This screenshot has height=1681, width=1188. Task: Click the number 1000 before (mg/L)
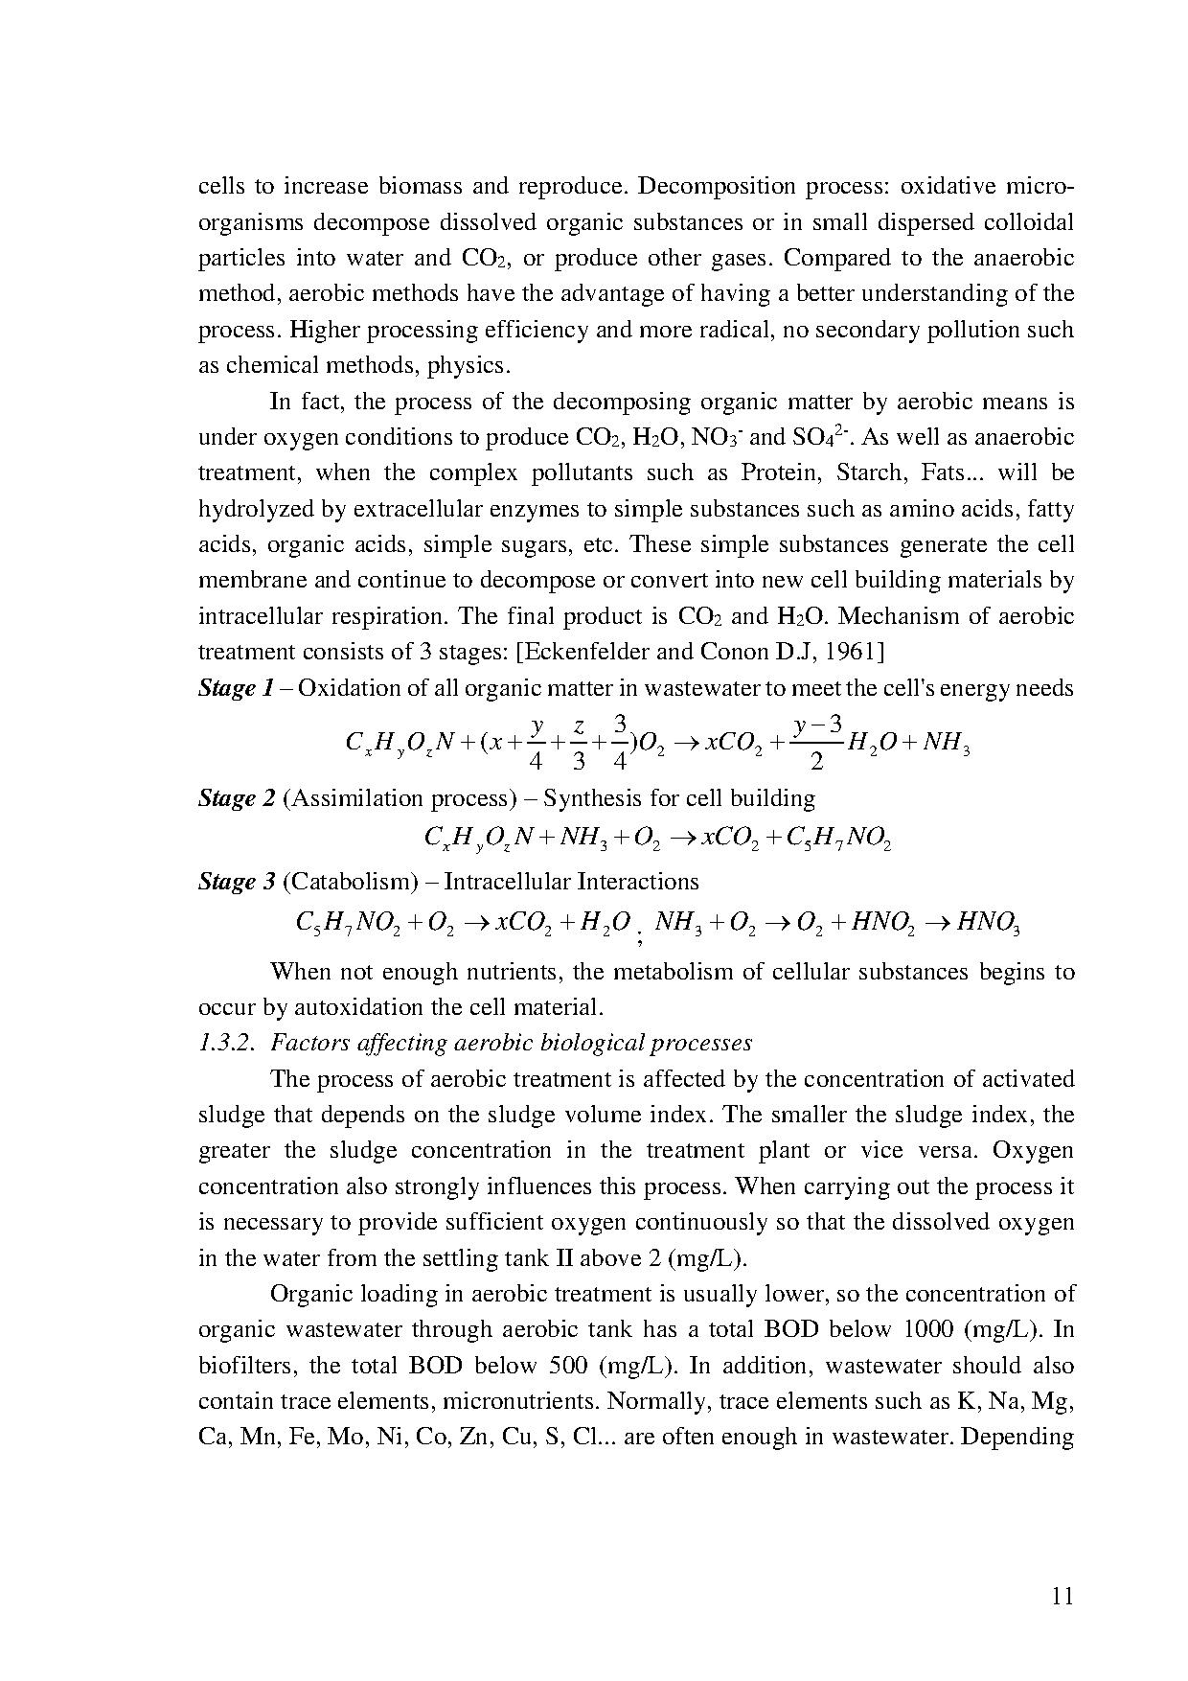(x=931, y=1330)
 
